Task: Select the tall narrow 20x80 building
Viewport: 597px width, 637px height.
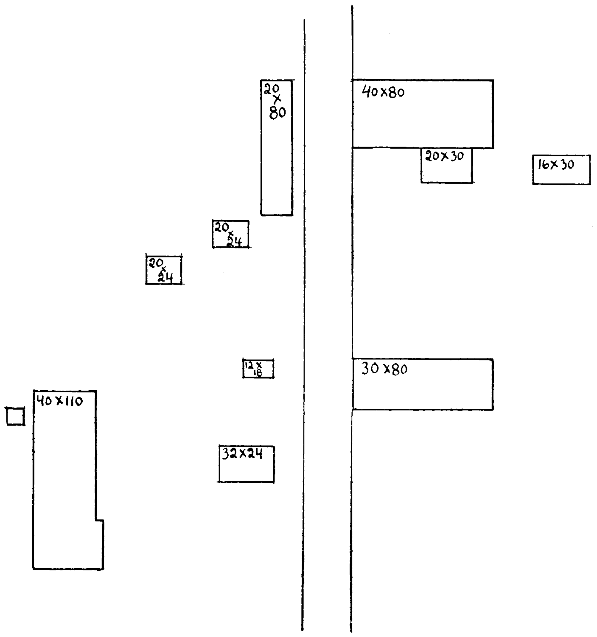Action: [x=277, y=161]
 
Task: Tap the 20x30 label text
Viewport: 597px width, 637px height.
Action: [x=444, y=156]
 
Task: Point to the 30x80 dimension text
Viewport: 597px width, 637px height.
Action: [x=384, y=369]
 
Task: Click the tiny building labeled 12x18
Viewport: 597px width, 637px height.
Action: [x=258, y=369]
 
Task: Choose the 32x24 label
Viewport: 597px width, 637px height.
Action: [x=242, y=454]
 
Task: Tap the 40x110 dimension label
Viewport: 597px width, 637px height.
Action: [x=59, y=401]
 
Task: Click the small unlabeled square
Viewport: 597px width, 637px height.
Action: [x=15, y=416]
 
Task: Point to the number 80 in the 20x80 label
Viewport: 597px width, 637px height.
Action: [x=277, y=113]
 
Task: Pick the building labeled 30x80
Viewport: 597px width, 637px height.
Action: [x=423, y=391]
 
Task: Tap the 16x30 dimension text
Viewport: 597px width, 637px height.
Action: [x=556, y=164]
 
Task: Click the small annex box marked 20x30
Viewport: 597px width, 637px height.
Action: [x=446, y=170]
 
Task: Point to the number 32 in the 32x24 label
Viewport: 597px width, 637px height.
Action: [x=228, y=454]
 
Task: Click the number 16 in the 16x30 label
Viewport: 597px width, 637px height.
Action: [x=544, y=165]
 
